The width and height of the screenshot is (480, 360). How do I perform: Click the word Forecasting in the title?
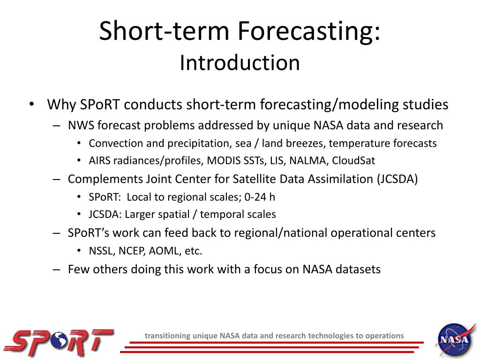pos(308,31)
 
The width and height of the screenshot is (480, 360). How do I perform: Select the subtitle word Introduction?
pos(240,63)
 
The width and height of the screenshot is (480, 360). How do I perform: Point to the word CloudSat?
pos(353,161)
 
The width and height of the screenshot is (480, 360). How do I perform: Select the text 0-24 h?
pos(259,197)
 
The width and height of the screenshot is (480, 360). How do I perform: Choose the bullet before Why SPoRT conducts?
pos(31,104)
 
